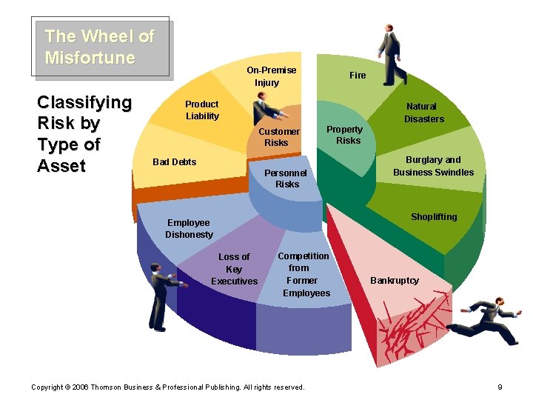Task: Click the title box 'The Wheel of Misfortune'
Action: tap(100, 47)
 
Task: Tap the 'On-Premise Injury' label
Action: tap(271, 76)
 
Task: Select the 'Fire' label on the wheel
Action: tap(358, 75)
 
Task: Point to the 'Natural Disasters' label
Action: tap(423, 113)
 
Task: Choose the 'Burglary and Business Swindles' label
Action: tap(433, 166)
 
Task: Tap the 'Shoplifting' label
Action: tap(434, 217)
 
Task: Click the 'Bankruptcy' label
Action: tap(394, 281)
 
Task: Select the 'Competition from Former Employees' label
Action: tap(305, 274)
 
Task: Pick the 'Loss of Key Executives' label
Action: tap(234, 269)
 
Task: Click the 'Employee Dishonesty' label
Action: tap(189, 228)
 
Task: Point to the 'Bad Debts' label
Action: tap(174, 162)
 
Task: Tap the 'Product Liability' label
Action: tap(202, 110)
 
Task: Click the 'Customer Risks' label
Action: tap(278, 137)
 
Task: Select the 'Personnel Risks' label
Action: tap(286, 179)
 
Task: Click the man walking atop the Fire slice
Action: tap(391, 53)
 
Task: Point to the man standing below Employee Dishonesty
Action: tap(158, 296)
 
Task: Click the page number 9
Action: tap(500, 387)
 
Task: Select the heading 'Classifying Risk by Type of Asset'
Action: tap(84, 134)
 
